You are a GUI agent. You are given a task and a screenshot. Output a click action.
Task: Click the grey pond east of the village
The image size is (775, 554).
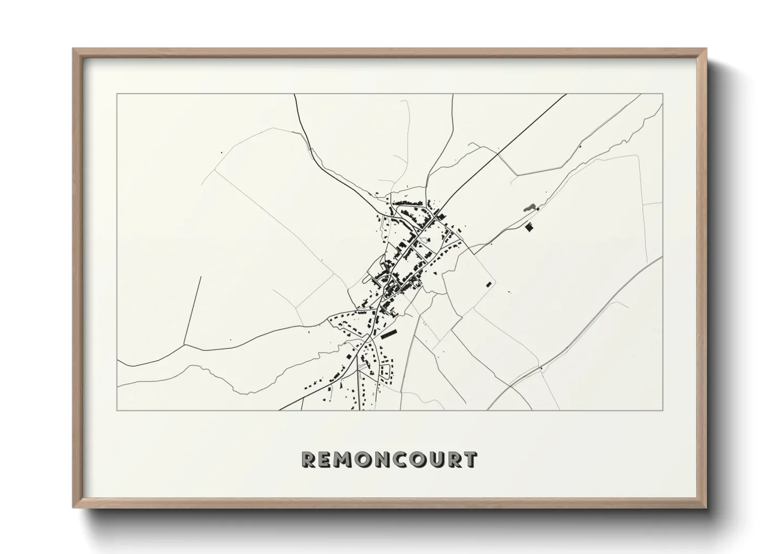pos(529,208)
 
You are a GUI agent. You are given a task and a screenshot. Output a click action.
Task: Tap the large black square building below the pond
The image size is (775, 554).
pos(529,227)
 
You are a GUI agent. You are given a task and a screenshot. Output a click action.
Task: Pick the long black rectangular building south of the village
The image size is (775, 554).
pos(388,334)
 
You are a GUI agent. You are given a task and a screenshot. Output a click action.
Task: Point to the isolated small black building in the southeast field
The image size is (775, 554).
pos(489,284)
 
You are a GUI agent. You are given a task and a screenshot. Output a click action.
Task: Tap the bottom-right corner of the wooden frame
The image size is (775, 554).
pos(706,507)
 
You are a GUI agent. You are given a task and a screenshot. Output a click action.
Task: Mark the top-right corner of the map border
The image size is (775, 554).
pos(663,94)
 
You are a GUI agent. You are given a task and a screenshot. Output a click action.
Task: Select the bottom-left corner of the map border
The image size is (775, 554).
pos(117,410)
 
